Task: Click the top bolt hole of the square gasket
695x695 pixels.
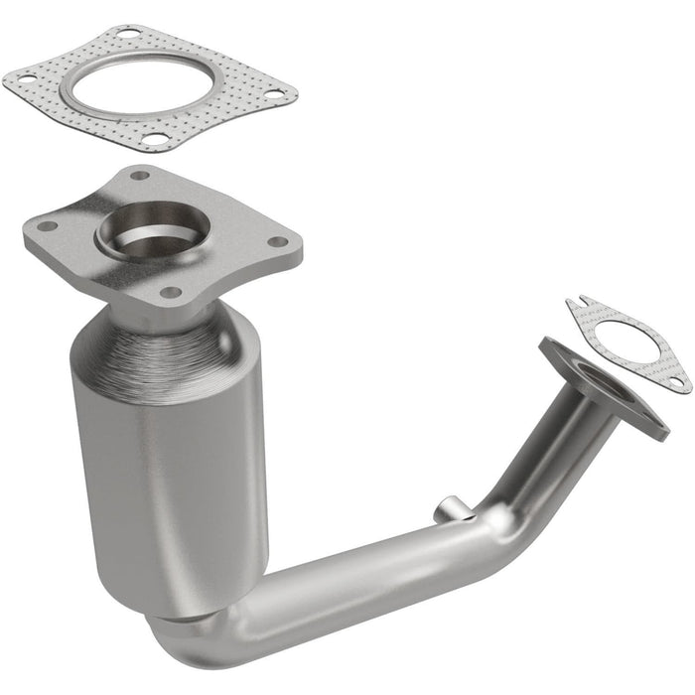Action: [x=127, y=35]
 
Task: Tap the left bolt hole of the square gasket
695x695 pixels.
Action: [x=28, y=77]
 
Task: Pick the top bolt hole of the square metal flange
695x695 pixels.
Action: [x=139, y=177]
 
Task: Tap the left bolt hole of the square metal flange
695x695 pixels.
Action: [x=47, y=226]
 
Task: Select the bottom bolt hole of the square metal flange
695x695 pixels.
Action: [x=170, y=292]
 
